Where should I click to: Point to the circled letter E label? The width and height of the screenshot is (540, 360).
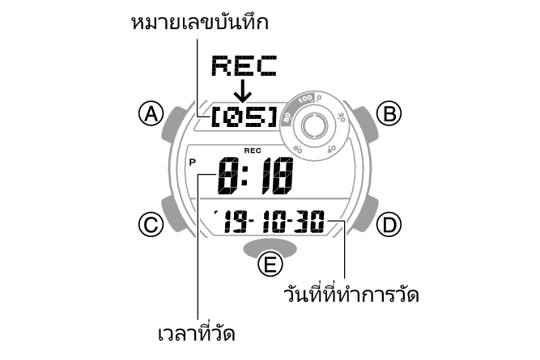(270, 265)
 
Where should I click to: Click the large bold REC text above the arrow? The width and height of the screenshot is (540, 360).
(243, 66)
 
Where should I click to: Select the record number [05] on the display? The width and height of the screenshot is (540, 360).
(243, 118)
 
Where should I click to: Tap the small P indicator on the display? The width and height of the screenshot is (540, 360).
(193, 162)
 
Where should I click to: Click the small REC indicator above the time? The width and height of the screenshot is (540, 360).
(253, 150)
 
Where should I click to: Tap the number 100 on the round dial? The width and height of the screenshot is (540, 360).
(304, 100)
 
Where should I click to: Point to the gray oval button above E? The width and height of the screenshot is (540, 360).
(270, 245)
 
